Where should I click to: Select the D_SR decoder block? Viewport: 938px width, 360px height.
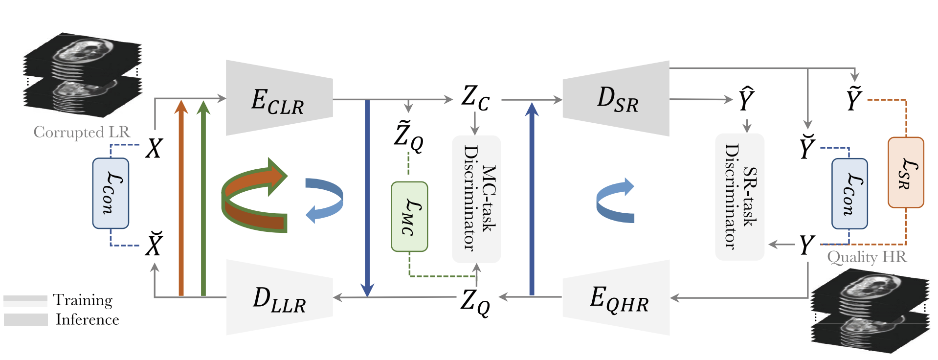tap(617, 99)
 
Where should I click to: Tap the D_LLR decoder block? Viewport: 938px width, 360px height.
tap(279, 297)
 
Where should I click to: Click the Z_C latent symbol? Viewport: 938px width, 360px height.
tap(475, 98)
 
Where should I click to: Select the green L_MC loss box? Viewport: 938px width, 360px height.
tap(409, 217)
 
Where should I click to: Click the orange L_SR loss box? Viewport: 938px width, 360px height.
tap(905, 172)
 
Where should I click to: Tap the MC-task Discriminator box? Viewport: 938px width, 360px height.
tap(476, 199)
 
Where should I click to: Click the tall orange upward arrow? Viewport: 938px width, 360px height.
tap(181, 196)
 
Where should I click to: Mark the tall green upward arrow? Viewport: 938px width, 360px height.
tap(203, 196)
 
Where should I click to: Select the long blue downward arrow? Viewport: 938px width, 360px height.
tap(367, 196)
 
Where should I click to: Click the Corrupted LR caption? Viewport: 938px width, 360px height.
tap(82, 132)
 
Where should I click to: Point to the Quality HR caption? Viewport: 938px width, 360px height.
tap(867, 257)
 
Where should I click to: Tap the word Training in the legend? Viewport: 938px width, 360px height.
tap(83, 299)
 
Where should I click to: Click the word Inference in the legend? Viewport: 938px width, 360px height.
tap(87, 319)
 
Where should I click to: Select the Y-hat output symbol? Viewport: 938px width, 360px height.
tap(746, 100)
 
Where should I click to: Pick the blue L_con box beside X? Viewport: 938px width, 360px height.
tap(111, 193)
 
